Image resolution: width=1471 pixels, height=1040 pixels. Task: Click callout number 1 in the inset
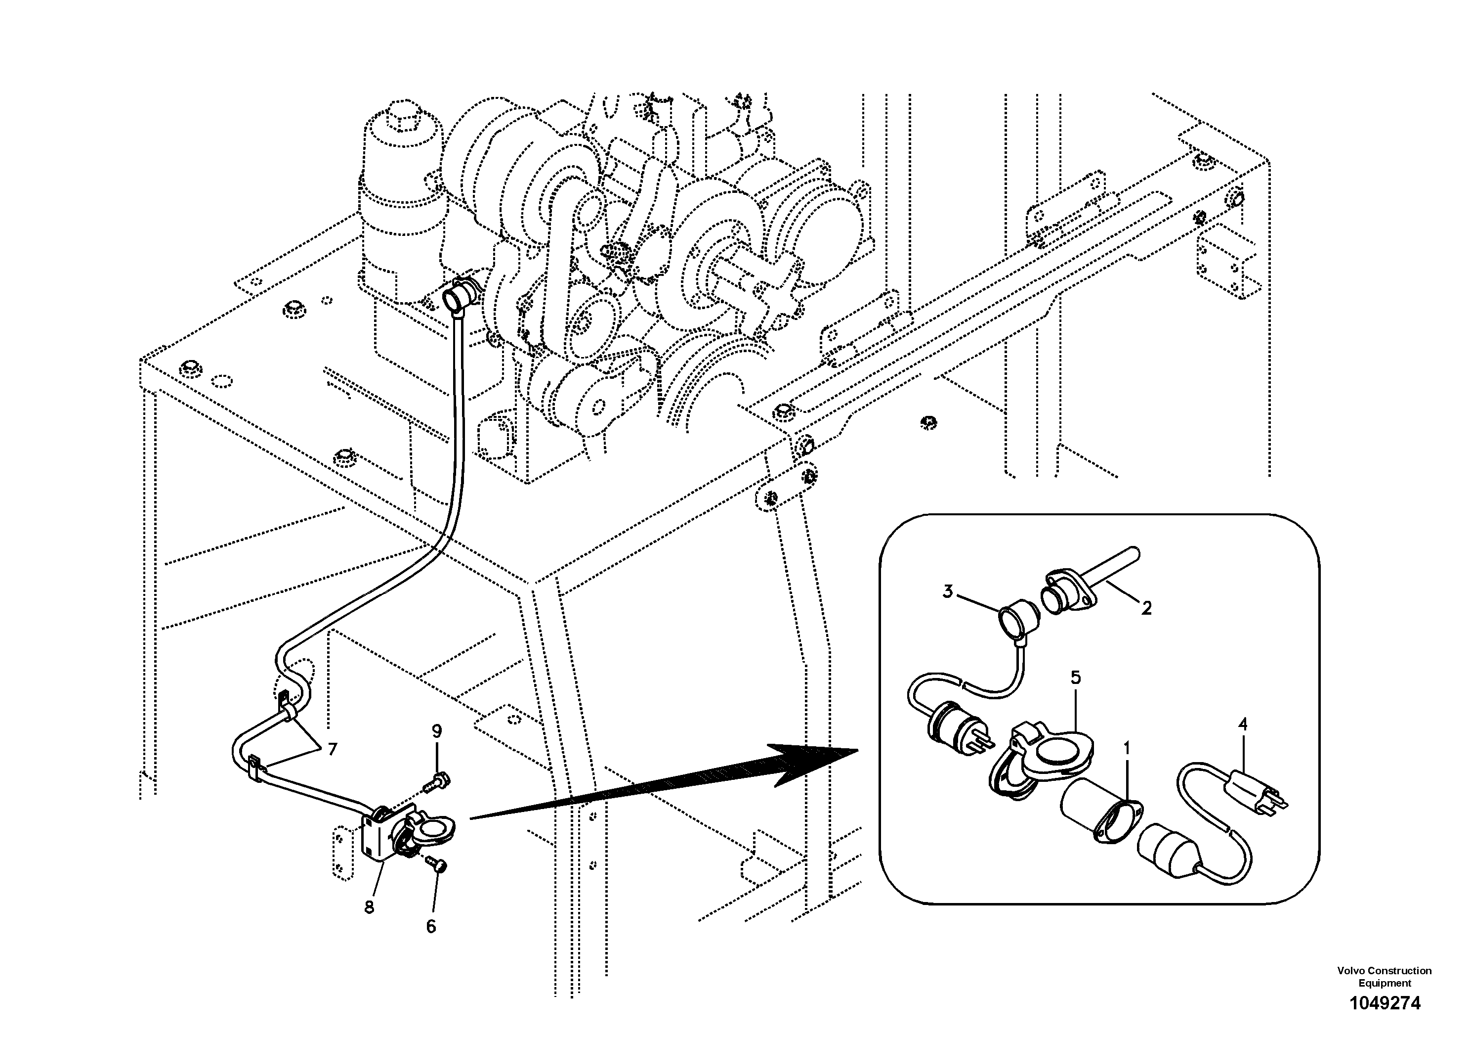[x=1126, y=748]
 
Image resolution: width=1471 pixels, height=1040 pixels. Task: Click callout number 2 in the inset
[x=1147, y=608]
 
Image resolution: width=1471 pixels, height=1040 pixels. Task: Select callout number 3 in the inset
[x=948, y=591]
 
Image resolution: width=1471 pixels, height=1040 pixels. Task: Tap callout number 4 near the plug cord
[x=1243, y=724]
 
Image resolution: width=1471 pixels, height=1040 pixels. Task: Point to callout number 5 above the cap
[x=1075, y=677]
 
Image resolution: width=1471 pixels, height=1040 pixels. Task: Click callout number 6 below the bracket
[x=431, y=926]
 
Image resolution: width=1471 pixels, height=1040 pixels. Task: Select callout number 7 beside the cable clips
[x=332, y=749]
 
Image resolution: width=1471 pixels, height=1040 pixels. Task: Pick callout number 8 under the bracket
[x=369, y=906]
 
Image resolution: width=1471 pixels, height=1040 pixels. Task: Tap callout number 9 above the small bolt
[x=437, y=731]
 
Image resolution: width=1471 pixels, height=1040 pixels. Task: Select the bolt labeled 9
[x=440, y=781]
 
